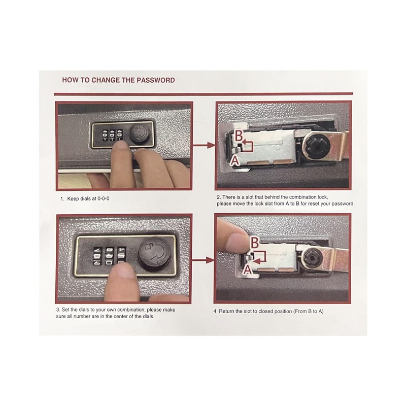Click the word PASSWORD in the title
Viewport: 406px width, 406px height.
pyautogui.click(x=156, y=80)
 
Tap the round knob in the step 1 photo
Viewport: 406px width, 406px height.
pyautogui.click(x=138, y=136)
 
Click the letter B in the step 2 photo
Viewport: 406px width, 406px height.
pyautogui.click(x=238, y=136)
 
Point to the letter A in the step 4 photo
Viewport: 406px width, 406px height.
pyautogui.click(x=247, y=270)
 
